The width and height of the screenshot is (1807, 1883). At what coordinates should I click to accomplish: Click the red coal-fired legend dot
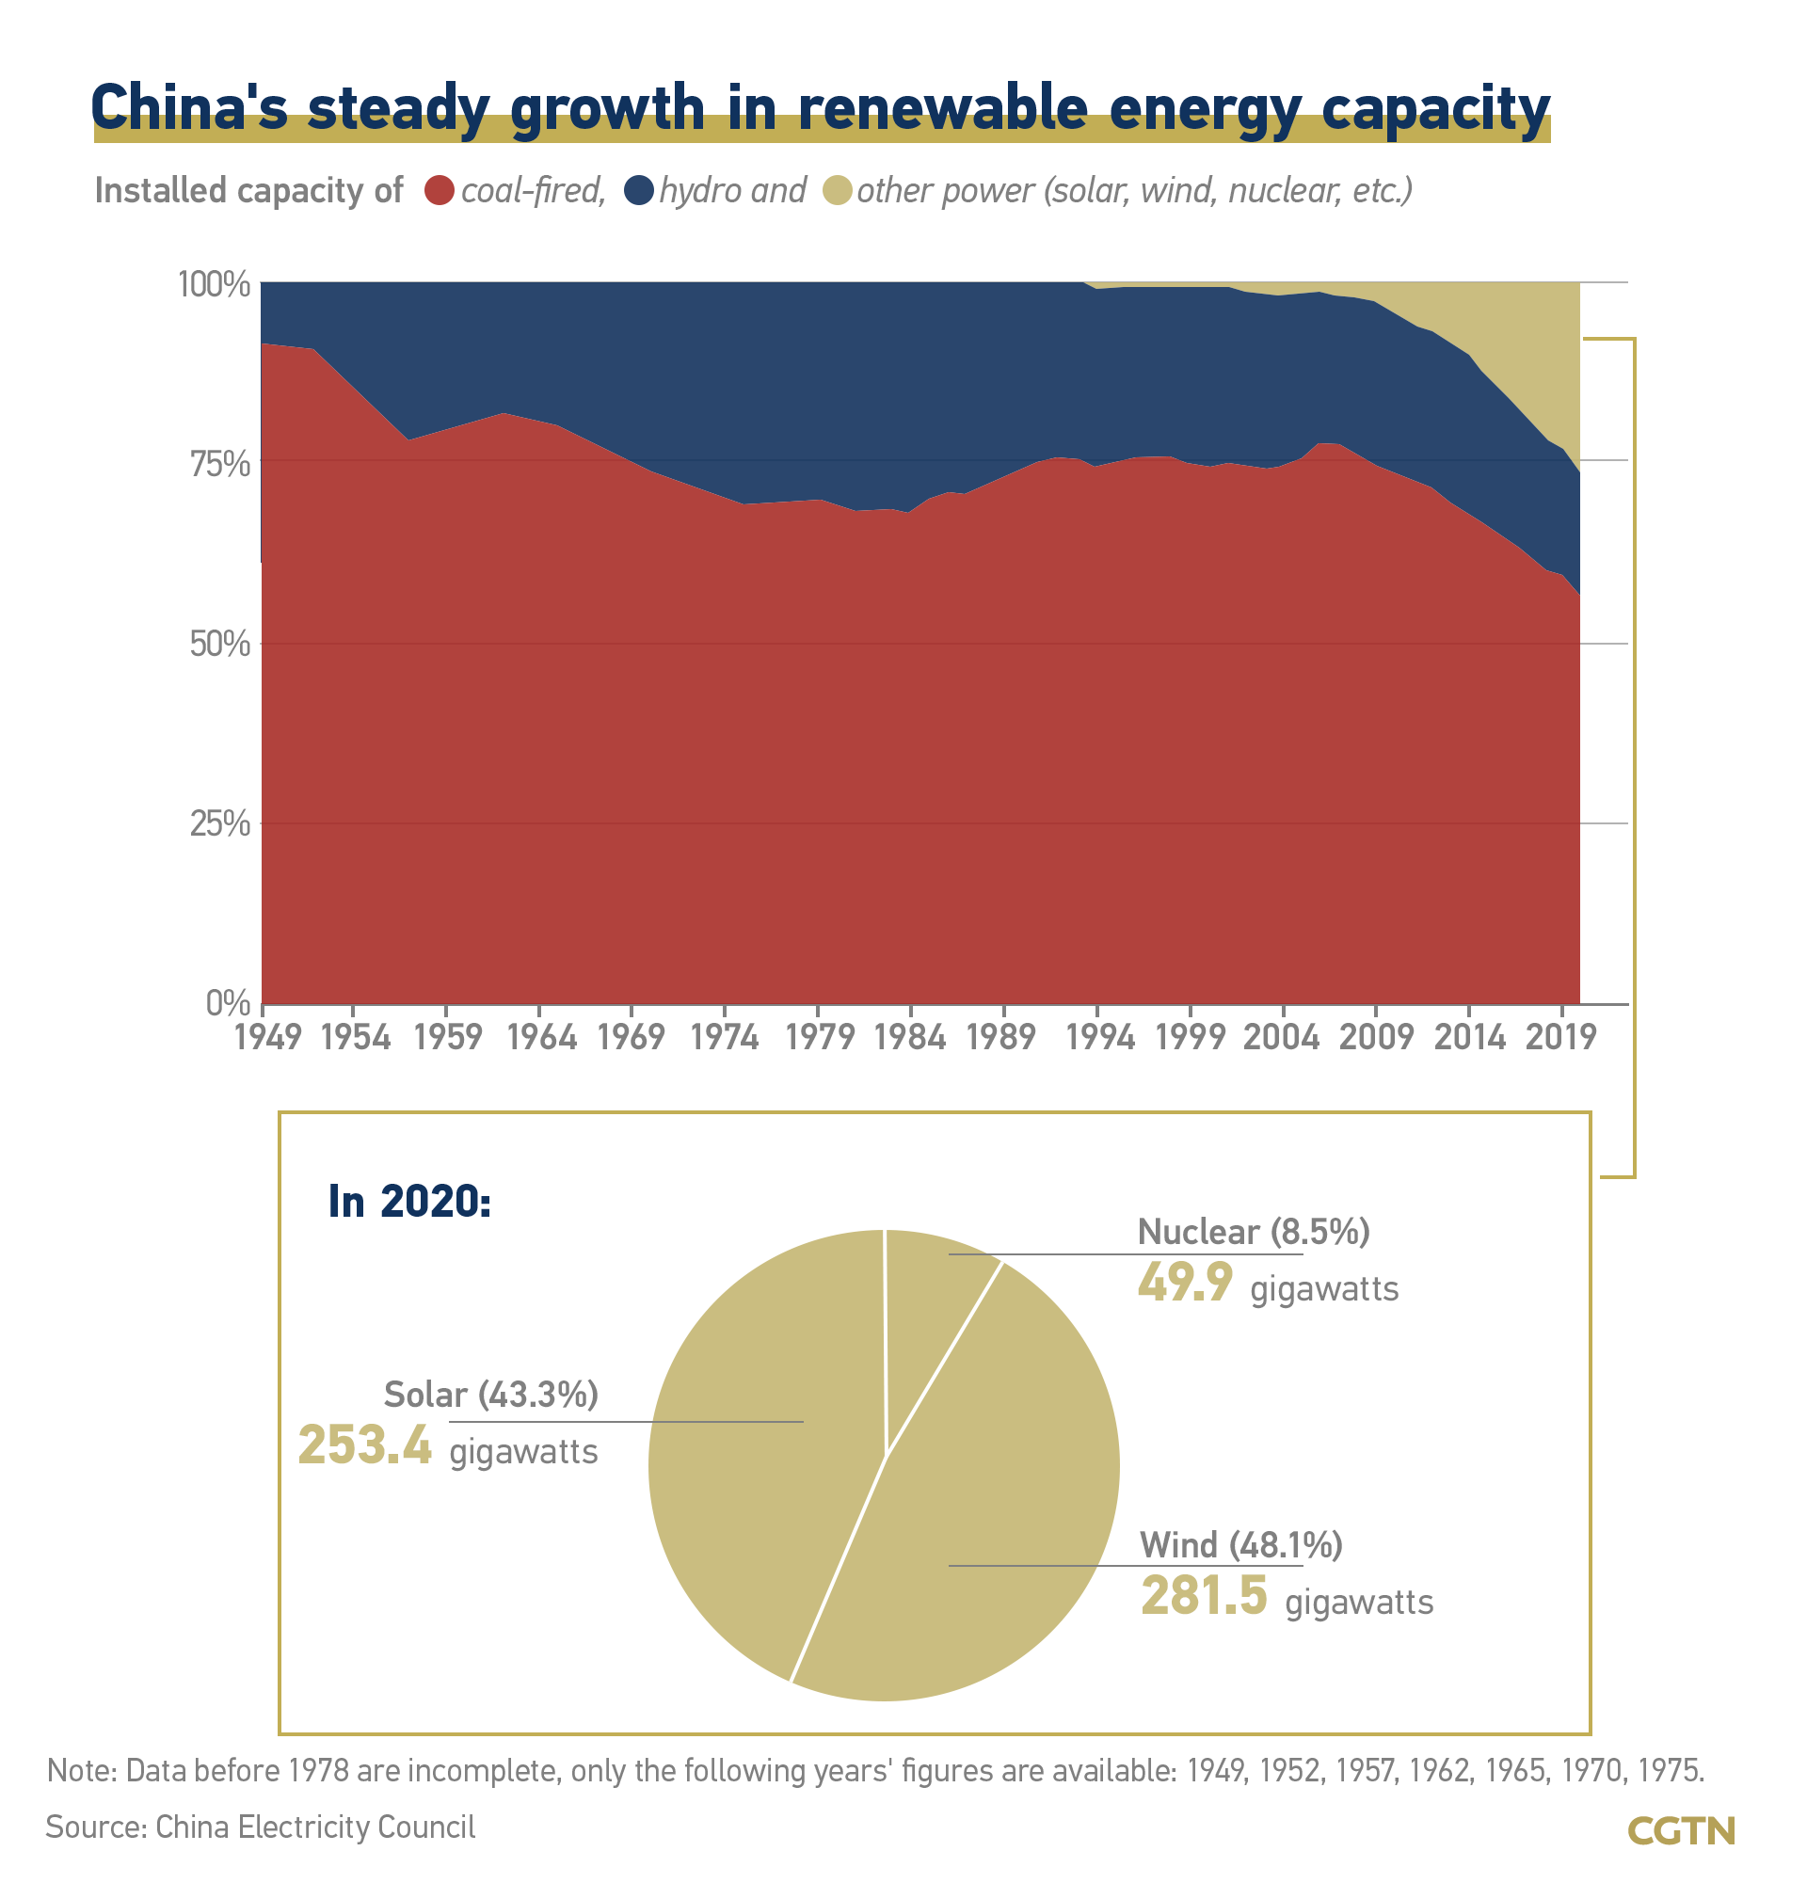tap(439, 190)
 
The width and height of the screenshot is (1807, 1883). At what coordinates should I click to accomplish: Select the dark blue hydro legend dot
tap(639, 190)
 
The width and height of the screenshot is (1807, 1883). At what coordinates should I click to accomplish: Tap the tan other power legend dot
tap(838, 190)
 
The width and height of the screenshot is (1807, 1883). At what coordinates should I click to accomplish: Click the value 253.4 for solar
tap(365, 1445)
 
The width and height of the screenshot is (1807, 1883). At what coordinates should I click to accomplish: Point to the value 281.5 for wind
tap(1204, 1596)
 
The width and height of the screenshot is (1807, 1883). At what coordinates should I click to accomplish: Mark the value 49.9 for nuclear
tap(1185, 1283)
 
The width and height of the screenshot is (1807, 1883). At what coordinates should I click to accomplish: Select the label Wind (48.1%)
tap(1240, 1545)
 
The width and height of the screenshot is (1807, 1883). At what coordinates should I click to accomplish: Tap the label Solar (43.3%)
tap(491, 1394)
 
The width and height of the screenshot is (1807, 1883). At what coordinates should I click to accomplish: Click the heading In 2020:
tap(409, 1201)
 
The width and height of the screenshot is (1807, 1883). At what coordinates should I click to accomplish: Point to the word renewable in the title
tap(941, 107)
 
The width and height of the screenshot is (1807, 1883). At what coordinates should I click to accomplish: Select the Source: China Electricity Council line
tap(261, 1827)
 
